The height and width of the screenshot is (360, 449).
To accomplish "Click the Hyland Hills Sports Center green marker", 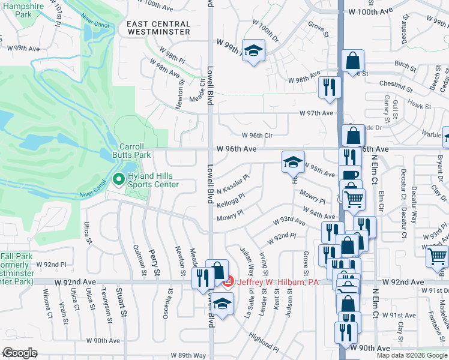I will point(118,179).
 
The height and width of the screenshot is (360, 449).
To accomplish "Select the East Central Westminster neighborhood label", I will point(159,28).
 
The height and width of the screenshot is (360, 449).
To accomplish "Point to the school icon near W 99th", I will point(253,50).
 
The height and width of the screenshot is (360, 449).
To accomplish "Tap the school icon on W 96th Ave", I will point(293,162).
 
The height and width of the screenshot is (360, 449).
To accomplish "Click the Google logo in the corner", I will point(20,352).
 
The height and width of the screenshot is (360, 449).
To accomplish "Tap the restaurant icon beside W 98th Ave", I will point(328,87).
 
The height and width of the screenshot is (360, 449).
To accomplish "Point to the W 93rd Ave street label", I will point(289,221).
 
